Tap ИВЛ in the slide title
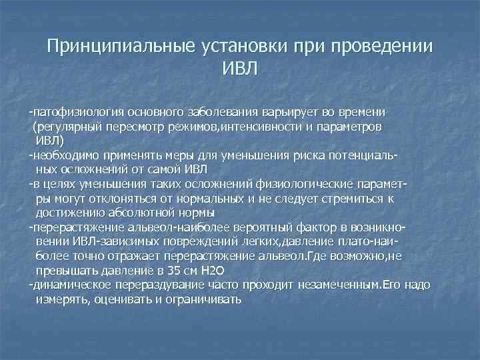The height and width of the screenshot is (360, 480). pos(239,69)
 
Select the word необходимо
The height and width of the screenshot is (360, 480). pos(63,155)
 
